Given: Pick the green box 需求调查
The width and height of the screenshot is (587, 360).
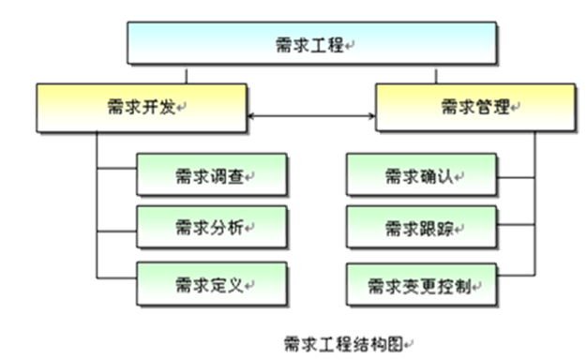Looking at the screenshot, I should tap(212, 175).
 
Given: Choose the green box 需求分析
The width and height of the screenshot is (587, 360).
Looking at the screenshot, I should tap(212, 228).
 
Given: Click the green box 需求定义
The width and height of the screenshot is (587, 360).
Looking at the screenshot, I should tap(212, 281).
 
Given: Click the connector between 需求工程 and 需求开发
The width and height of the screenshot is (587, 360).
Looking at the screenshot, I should tap(188, 74).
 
